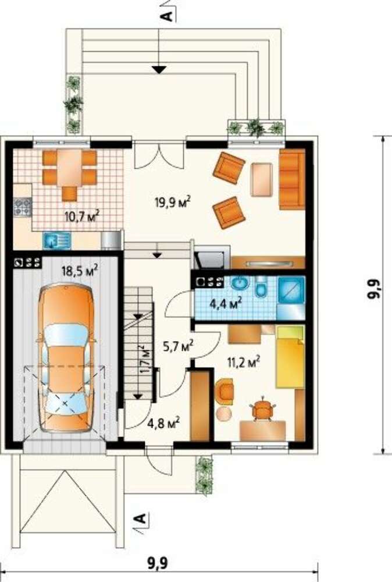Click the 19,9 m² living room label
coord(173,203)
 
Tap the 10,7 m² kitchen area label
coord(82,216)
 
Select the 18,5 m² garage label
coord(80,270)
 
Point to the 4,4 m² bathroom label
coord(226,304)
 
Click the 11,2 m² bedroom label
coord(243,361)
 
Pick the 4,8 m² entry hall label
coord(163,423)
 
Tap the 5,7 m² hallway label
coord(179,346)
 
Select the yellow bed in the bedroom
coord(290,357)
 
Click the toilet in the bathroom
coord(262,288)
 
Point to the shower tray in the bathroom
coord(291,291)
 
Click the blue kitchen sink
coord(56,240)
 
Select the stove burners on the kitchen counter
coord(22,207)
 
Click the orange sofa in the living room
coord(292,179)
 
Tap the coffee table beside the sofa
coord(262,180)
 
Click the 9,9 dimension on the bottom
coord(158,563)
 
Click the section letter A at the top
coord(168,15)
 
